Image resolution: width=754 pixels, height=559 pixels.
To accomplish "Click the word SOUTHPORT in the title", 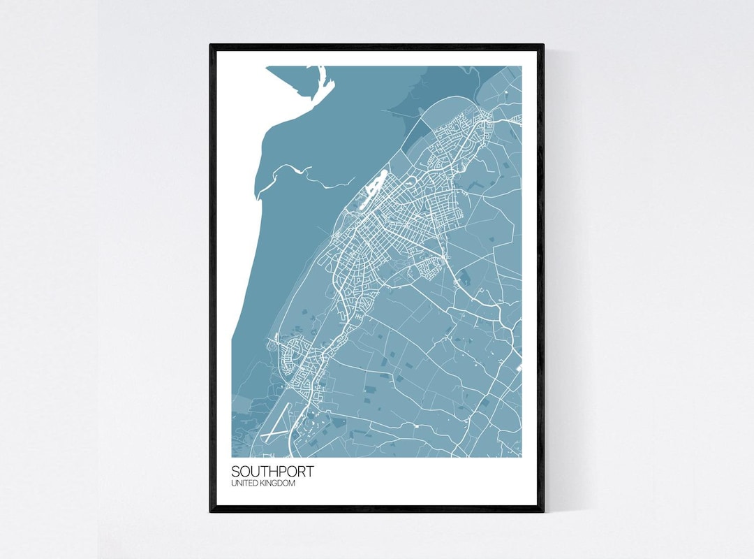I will pos(272,472).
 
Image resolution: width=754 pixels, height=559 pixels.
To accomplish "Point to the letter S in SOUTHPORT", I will pos(236,472).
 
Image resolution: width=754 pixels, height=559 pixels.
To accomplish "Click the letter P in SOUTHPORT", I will pos(280,472).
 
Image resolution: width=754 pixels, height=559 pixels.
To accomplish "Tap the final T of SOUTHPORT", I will pos(309,472).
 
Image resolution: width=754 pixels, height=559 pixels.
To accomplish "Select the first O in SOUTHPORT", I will pos(244,472).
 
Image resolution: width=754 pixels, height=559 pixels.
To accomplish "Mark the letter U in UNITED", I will pos(234,484).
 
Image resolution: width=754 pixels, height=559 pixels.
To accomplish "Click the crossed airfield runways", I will pos(275,426).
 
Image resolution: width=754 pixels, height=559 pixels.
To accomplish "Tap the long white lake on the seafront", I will pos(370,189).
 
